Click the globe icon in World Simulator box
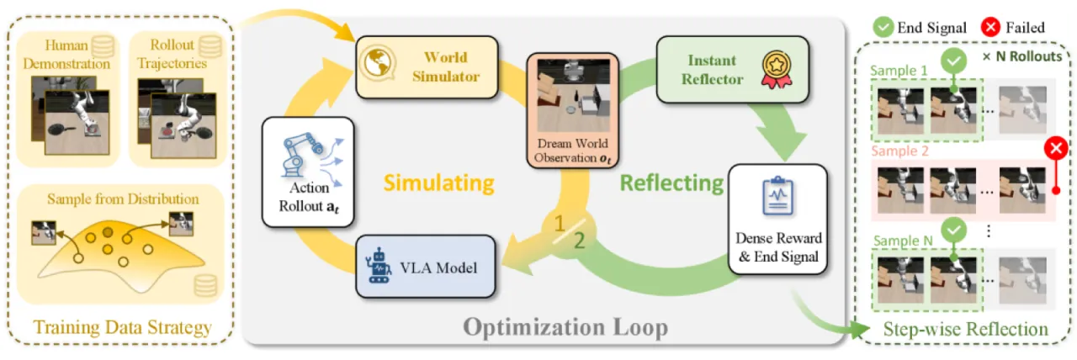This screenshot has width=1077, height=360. pyautogui.click(x=379, y=63)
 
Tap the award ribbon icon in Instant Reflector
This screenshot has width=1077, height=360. pyautogui.click(x=777, y=69)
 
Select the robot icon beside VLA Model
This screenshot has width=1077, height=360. pyautogui.click(x=379, y=266)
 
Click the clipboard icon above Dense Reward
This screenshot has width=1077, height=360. pyautogui.click(x=777, y=196)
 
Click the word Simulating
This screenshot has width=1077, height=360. pyautogui.click(x=438, y=183)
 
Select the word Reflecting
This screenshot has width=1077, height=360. pyautogui.click(x=671, y=183)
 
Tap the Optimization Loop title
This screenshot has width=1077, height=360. pyautogui.click(x=565, y=327)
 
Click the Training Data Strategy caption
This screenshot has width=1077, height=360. pyautogui.click(x=122, y=327)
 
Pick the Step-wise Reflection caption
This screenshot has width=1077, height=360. pyautogui.click(x=965, y=329)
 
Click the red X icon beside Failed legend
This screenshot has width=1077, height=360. pyautogui.click(x=990, y=27)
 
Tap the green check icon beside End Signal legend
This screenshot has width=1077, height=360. pyautogui.click(x=883, y=27)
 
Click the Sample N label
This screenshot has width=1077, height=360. pyautogui.click(x=903, y=241)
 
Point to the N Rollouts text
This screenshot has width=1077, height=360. pyautogui.click(x=1022, y=56)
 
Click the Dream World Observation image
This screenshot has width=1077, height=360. pyautogui.click(x=573, y=95)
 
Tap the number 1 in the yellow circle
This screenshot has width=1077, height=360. pyautogui.click(x=559, y=224)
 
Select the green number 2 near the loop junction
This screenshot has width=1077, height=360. pyautogui.click(x=580, y=241)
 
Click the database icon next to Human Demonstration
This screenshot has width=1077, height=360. pyautogui.click(x=103, y=46)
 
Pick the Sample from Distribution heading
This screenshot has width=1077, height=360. pyautogui.click(x=123, y=199)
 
